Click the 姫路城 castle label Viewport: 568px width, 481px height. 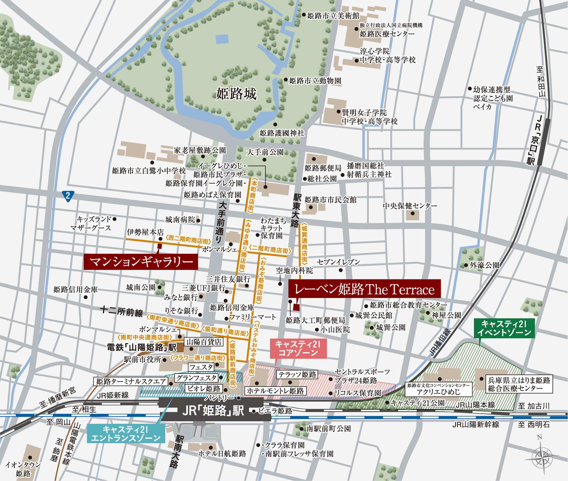(236, 94)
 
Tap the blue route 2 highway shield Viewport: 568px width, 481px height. (68, 196)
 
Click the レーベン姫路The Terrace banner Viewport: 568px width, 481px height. (364, 289)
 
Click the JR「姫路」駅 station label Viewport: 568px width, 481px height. (213, 411)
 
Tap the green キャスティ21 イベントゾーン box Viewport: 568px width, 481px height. (504, 328)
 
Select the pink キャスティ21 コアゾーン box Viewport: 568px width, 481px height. (298, 348)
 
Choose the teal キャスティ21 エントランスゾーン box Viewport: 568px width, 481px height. (126, 434)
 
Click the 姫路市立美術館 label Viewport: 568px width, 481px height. (333, 16)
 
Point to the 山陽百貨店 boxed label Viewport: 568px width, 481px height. (204, 342)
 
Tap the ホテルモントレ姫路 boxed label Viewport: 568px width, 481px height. (275, 391)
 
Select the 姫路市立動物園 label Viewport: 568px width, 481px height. (315, 81)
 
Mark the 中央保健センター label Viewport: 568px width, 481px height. (410, 206)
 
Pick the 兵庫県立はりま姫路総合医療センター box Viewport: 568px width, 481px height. (519, 384)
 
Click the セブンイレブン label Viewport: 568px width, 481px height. (338, 262)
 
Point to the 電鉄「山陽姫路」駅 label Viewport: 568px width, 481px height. (141, 347)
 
